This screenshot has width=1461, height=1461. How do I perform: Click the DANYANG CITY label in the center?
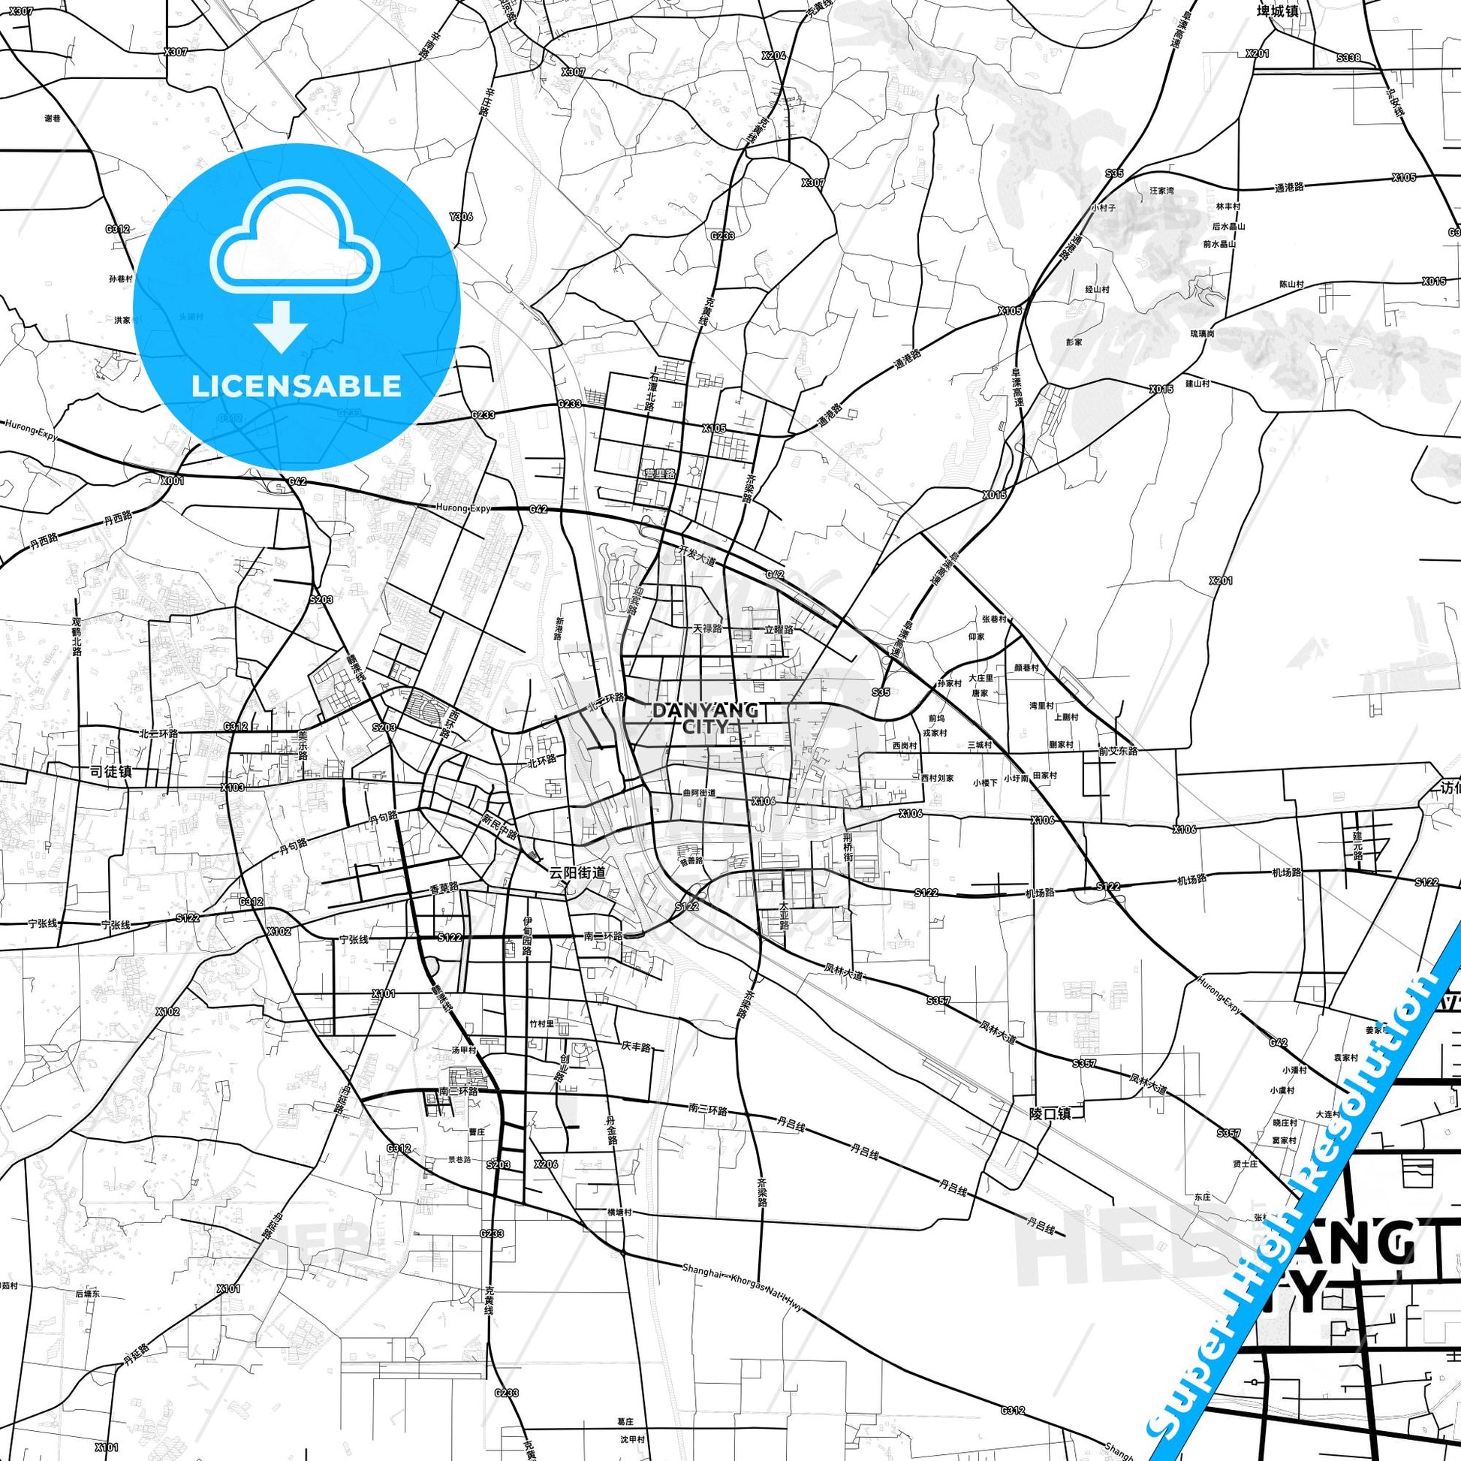point(694,718)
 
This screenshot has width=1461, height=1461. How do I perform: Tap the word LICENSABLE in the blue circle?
point(296,386)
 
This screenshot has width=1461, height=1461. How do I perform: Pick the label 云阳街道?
point(577,872)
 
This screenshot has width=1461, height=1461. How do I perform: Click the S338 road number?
point(1348,58)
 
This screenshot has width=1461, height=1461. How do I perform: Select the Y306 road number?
point(460,216)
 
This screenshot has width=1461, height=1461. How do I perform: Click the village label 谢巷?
point(53,118)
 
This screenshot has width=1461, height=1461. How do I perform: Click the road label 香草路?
point(444,889)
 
